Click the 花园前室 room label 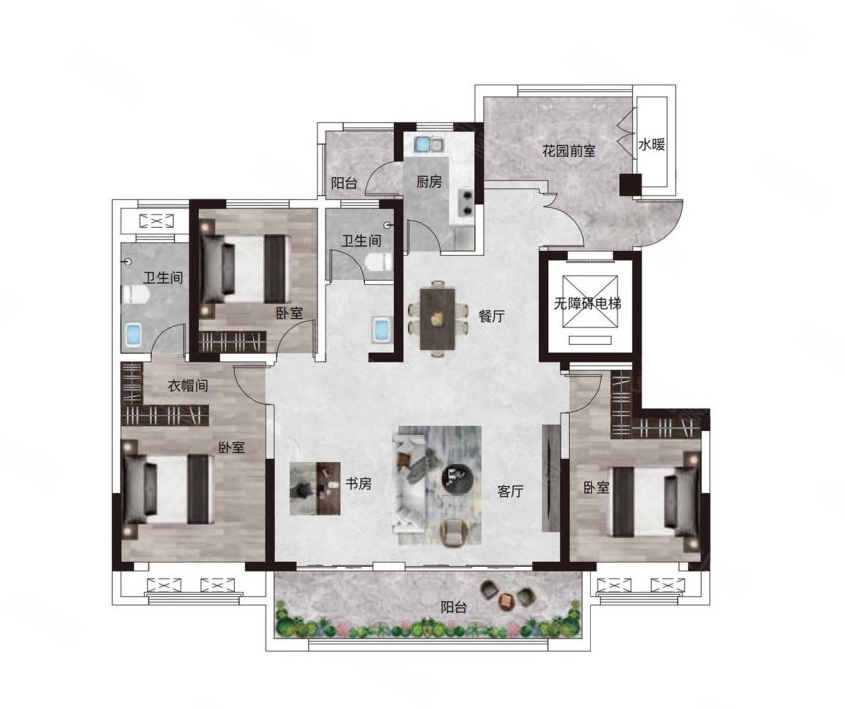tap(569, 151)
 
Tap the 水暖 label tap(651, 144)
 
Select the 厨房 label tap(429, 182)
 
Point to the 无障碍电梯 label tap(588, 303)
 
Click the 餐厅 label tap(492, 316)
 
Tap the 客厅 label tap(510, 491)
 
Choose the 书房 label tap(358, 483)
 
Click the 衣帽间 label tap(188, 386)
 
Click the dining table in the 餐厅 tap(437, 319)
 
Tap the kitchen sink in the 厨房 tap(427, 144)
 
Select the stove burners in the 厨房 tap(466, 202)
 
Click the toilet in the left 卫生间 tap(136, 295)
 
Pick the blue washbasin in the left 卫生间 tap(133, 335)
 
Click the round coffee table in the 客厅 tap(457, 475)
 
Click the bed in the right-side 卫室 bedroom tap(655, 501)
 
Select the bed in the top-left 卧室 tap(245, 268)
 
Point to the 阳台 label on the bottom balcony tap(453, 607)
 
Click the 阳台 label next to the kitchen tap(344, 183)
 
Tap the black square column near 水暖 tap(630, 185)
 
